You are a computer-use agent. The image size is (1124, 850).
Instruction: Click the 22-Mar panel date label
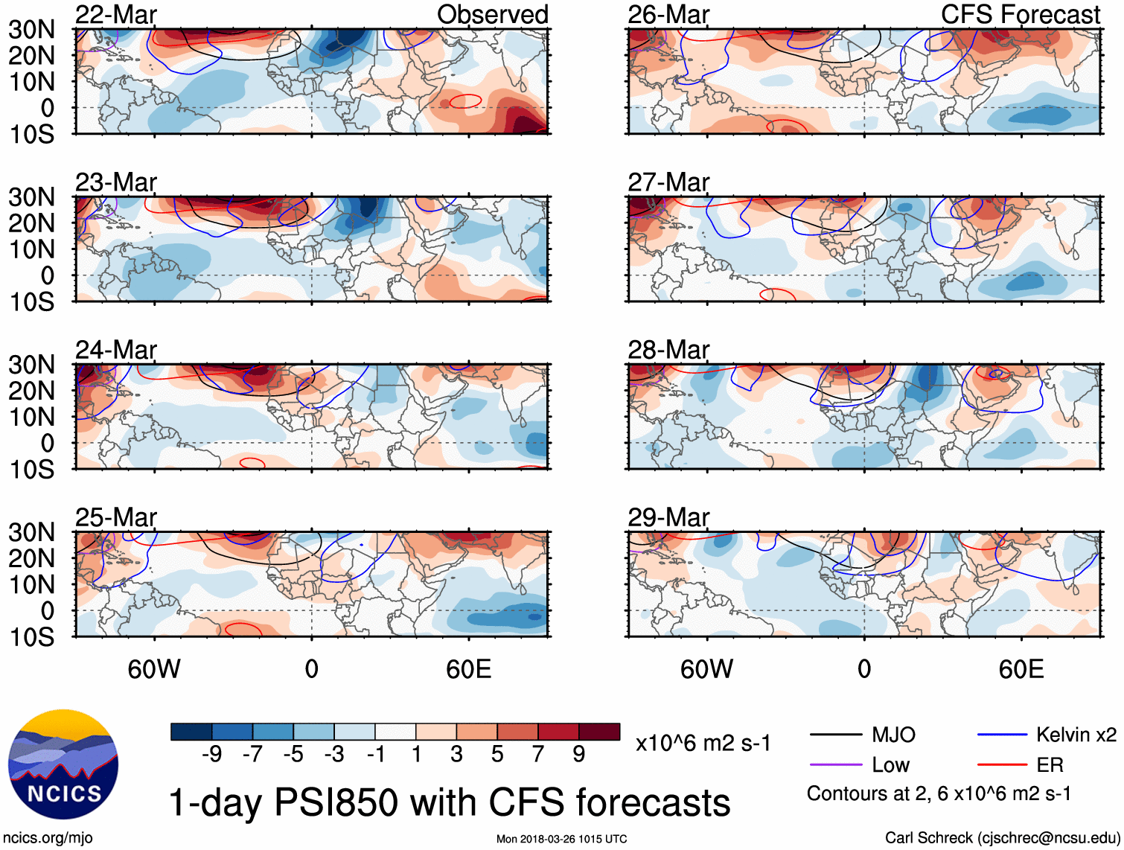tap(116, 15)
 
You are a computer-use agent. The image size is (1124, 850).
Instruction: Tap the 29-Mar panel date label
tap(668, 517)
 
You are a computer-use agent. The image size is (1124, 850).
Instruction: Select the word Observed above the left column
tap(492, 14)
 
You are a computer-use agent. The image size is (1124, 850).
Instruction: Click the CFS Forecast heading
tap(1020, 14)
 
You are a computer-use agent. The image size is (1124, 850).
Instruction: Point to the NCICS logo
tap(63, 764)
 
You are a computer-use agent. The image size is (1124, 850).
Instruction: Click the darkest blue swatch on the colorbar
tap(191, 732)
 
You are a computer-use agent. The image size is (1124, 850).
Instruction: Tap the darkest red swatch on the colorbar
tap(599, 732)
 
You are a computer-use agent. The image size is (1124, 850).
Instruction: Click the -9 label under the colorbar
tap(212, 755)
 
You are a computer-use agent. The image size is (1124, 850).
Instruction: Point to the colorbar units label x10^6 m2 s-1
tap(703, 743)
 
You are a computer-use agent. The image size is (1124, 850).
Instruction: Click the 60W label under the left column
tap(154, 669)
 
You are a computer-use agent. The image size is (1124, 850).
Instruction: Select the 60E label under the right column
tap(1021, 669)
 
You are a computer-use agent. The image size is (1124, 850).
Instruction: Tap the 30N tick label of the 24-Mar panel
tap(32, 365)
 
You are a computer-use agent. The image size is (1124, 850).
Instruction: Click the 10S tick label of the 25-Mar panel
tap(32, 637)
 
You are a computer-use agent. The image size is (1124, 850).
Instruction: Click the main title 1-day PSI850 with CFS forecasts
tap(450, 802)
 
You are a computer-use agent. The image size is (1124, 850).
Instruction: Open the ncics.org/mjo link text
tap(48, 838)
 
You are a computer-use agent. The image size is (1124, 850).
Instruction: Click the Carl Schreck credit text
tap(1001, 838)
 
